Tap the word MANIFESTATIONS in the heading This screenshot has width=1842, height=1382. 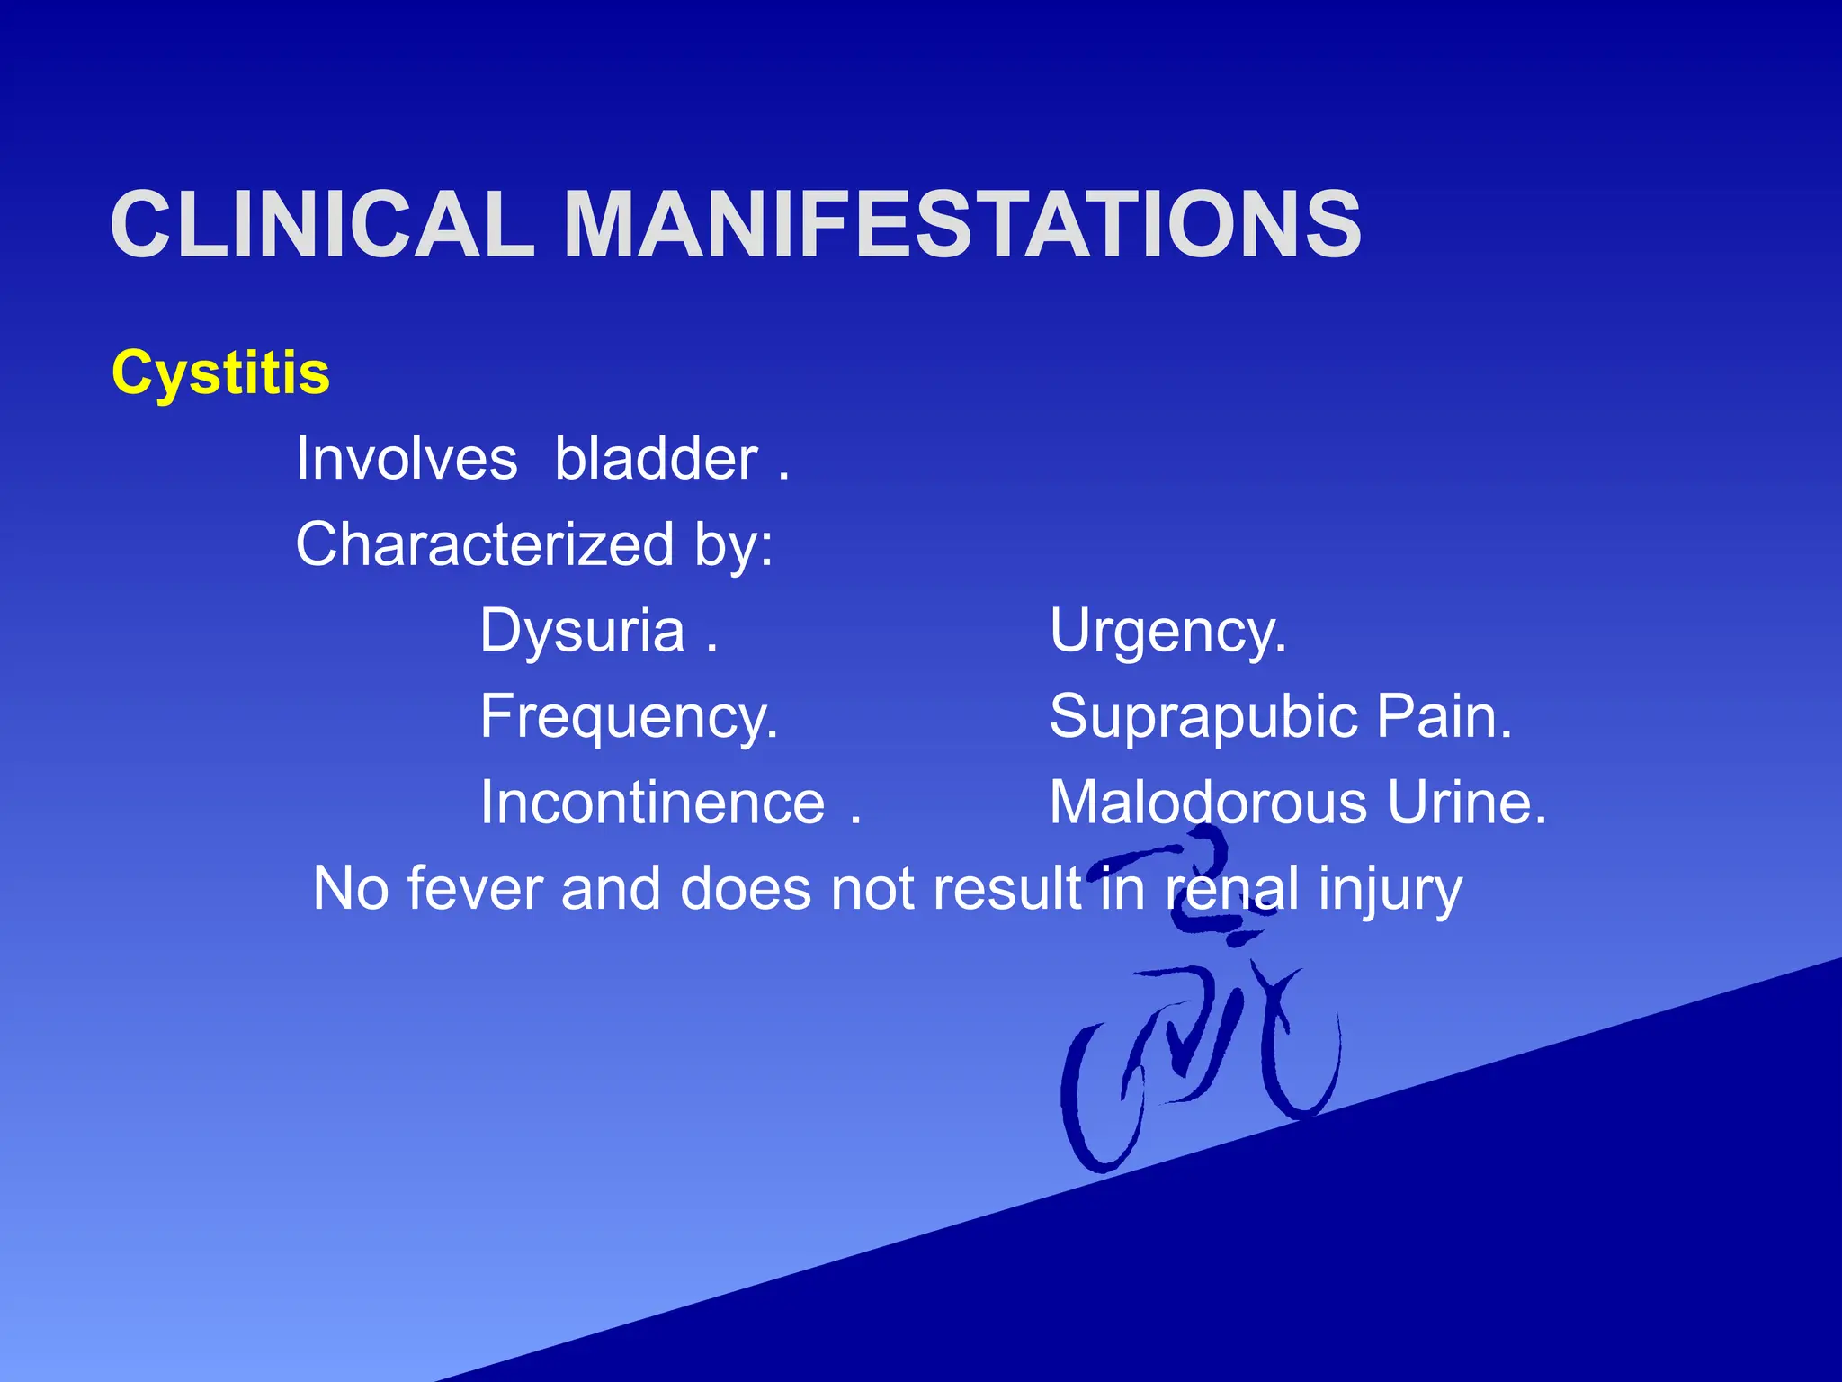point(961,225)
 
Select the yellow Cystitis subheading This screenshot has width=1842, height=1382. point(220,372)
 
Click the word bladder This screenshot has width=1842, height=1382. point(656,459)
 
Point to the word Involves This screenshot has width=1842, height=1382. point(407,459)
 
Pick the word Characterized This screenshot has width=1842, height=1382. point(485,544)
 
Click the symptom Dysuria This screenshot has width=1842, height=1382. point(582,630)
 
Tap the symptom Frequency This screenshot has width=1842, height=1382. point(628,717)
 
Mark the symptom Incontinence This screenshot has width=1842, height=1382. point(652,803)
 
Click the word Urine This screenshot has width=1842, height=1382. point(1466,803)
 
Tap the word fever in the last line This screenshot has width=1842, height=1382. point(474,889)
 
